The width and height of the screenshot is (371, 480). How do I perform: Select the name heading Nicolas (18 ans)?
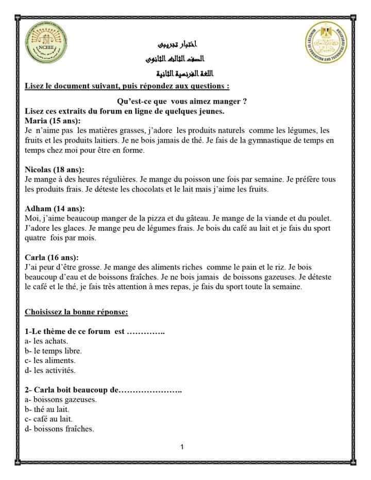[55, 169]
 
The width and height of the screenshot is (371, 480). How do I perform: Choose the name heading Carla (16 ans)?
[52, 257]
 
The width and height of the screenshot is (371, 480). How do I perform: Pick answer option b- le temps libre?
[53, 351]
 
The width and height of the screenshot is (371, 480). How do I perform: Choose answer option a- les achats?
[46, 341]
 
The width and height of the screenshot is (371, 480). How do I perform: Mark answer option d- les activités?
[50, 370]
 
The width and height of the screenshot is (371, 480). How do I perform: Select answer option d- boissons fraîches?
[59, 428]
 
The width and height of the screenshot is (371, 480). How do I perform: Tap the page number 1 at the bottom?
[182, 447]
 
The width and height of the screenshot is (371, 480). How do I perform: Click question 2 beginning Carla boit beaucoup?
[103, 389]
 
